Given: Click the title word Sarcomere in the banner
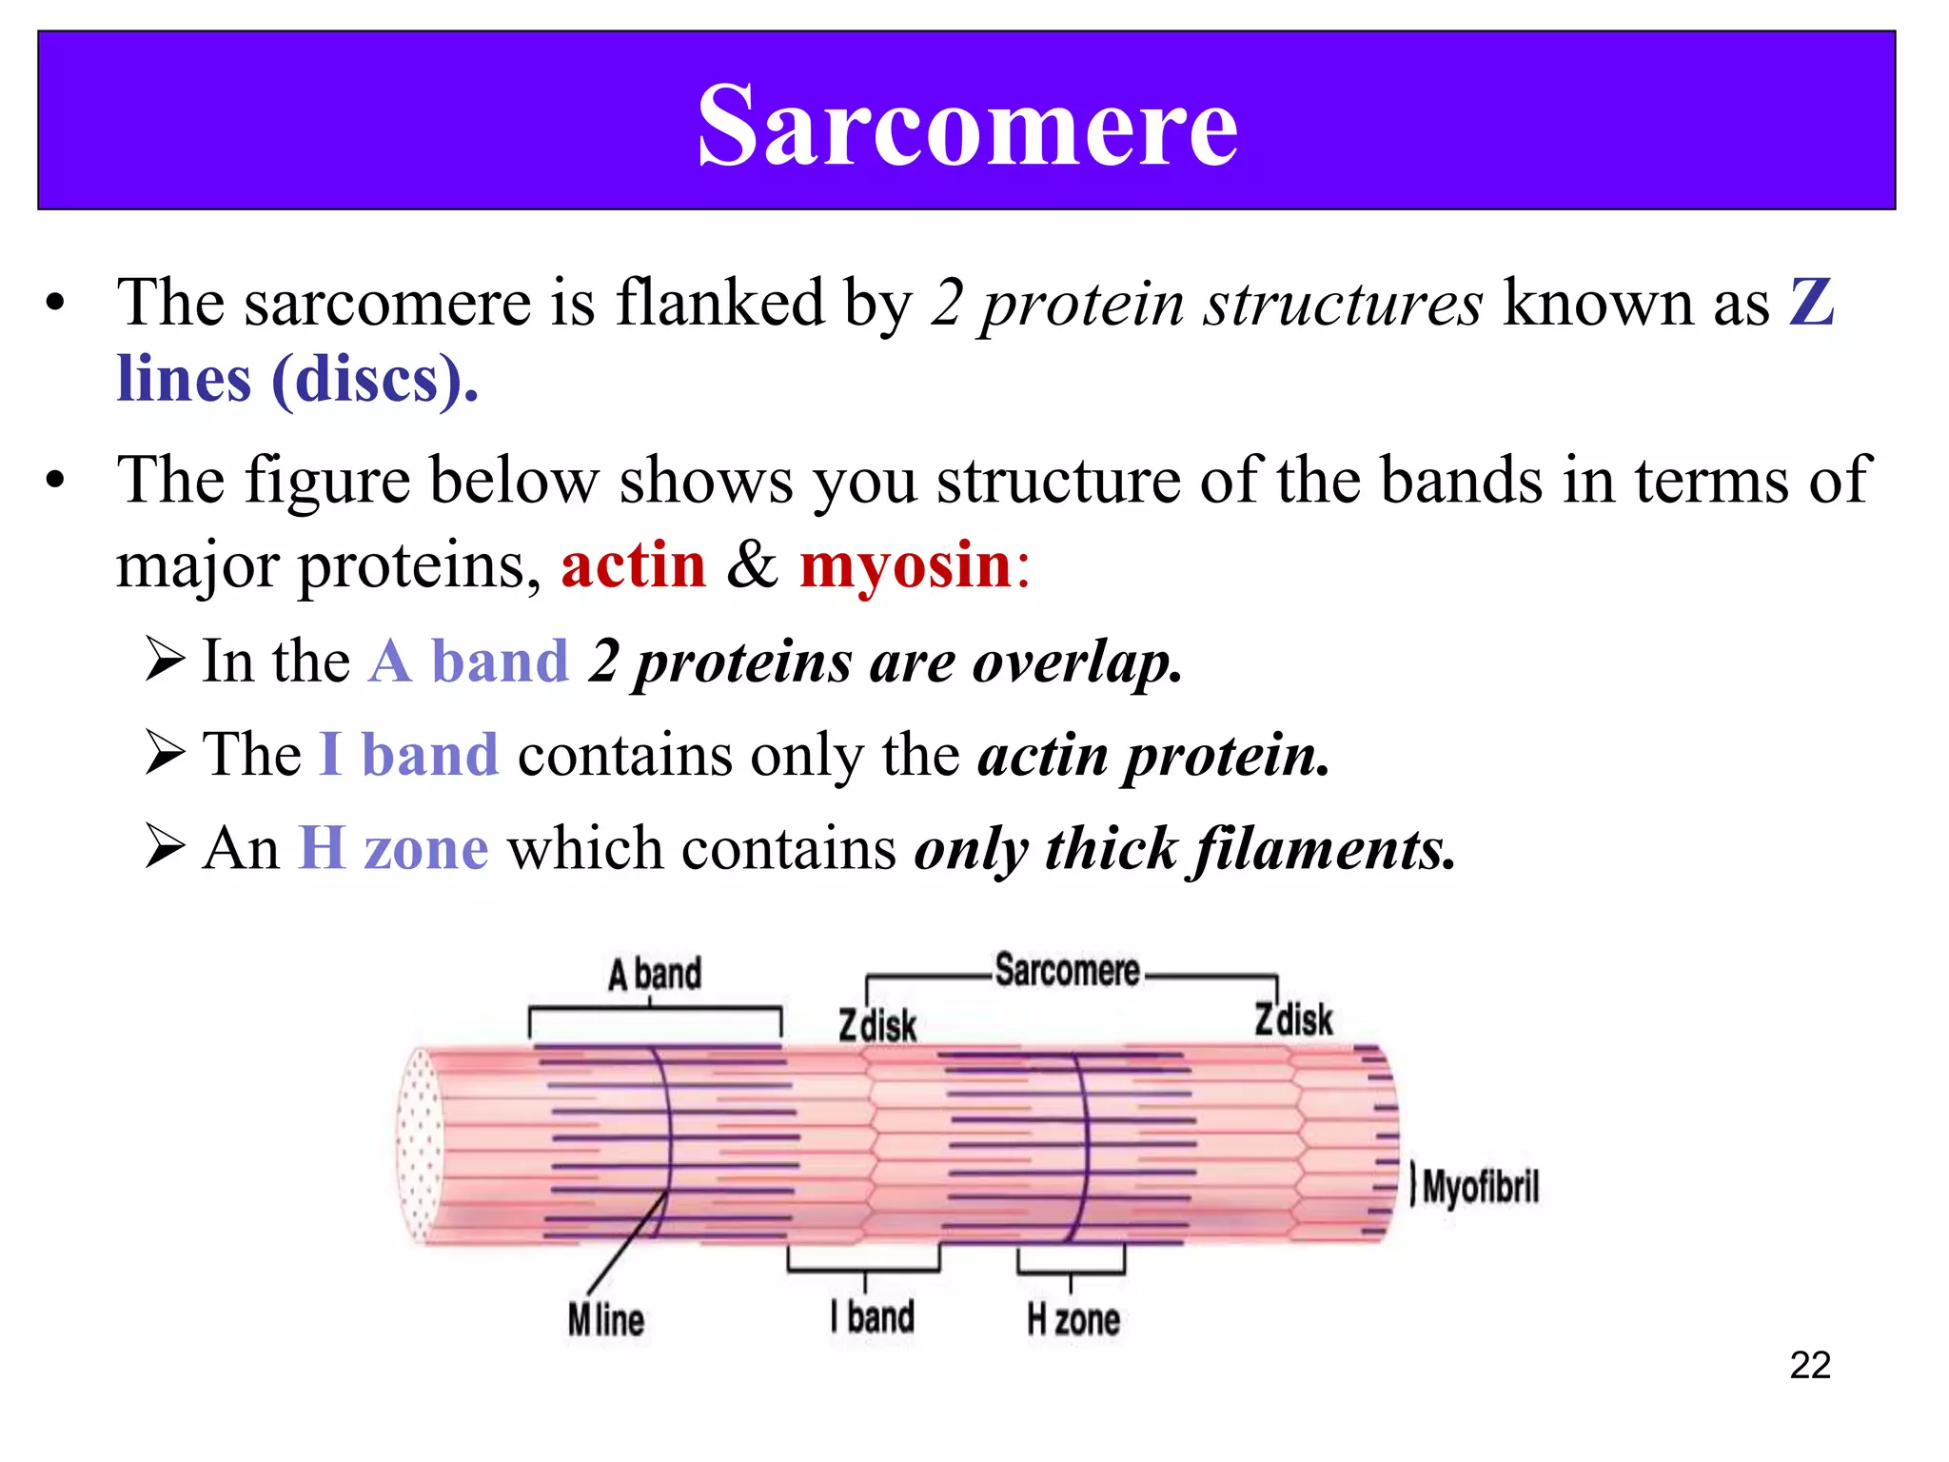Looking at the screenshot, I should coord(967,126).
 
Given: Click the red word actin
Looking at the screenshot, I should coord(633,565).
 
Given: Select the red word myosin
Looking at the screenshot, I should coord(905,565).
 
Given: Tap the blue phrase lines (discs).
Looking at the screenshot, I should coord(297,380).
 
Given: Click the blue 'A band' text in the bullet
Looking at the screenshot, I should coord(468,662).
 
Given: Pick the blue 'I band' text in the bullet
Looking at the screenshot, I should coord(409,755).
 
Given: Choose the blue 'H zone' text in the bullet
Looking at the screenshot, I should coord(394,848).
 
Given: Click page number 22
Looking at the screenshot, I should coord(1809,1365).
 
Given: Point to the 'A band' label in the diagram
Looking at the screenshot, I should coord(655,975).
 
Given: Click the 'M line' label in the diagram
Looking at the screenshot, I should coord(606,1320).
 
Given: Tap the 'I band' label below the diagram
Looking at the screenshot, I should coord(873,1317).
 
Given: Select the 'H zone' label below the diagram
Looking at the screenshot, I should coord(1073,1320).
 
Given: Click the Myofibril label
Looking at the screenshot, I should coord(1480,1187).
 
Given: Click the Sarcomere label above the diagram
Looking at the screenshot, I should coord(1067,971).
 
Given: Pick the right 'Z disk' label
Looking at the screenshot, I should coord(1293,1019).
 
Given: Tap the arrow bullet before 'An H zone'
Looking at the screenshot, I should coord(166,846).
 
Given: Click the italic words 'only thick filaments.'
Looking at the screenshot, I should coord(1184,849).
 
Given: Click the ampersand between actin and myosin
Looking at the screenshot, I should coord(752,565).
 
